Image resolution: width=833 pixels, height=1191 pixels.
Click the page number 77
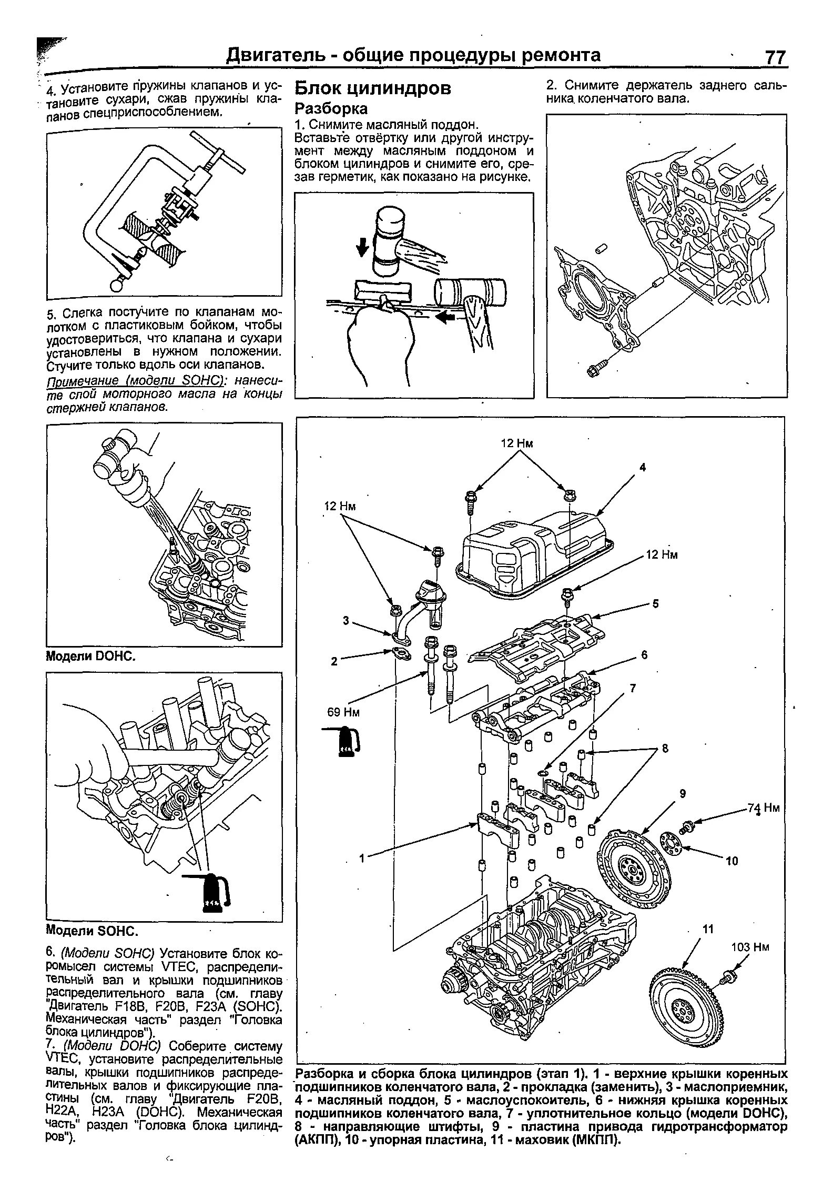pyautogui.click(x=775, y=57)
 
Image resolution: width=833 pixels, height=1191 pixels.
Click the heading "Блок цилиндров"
pyautogui.click(x=373, y=88)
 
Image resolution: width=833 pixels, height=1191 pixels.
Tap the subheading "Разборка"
pyautogui.click(x=331, y=109)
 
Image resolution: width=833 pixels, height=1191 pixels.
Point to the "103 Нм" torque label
pyautogui.click(x=750, y=947)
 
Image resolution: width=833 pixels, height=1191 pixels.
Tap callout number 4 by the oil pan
pyautogui.click(x=642, y=467)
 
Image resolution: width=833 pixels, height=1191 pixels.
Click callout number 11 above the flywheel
pyautogui.click(x=708, y=929)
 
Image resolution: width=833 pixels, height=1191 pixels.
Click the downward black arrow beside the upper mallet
pyautogui.click(x=362, y=246)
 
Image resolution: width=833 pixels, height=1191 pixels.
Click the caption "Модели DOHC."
pyautogui.click(x=92, y=656)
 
